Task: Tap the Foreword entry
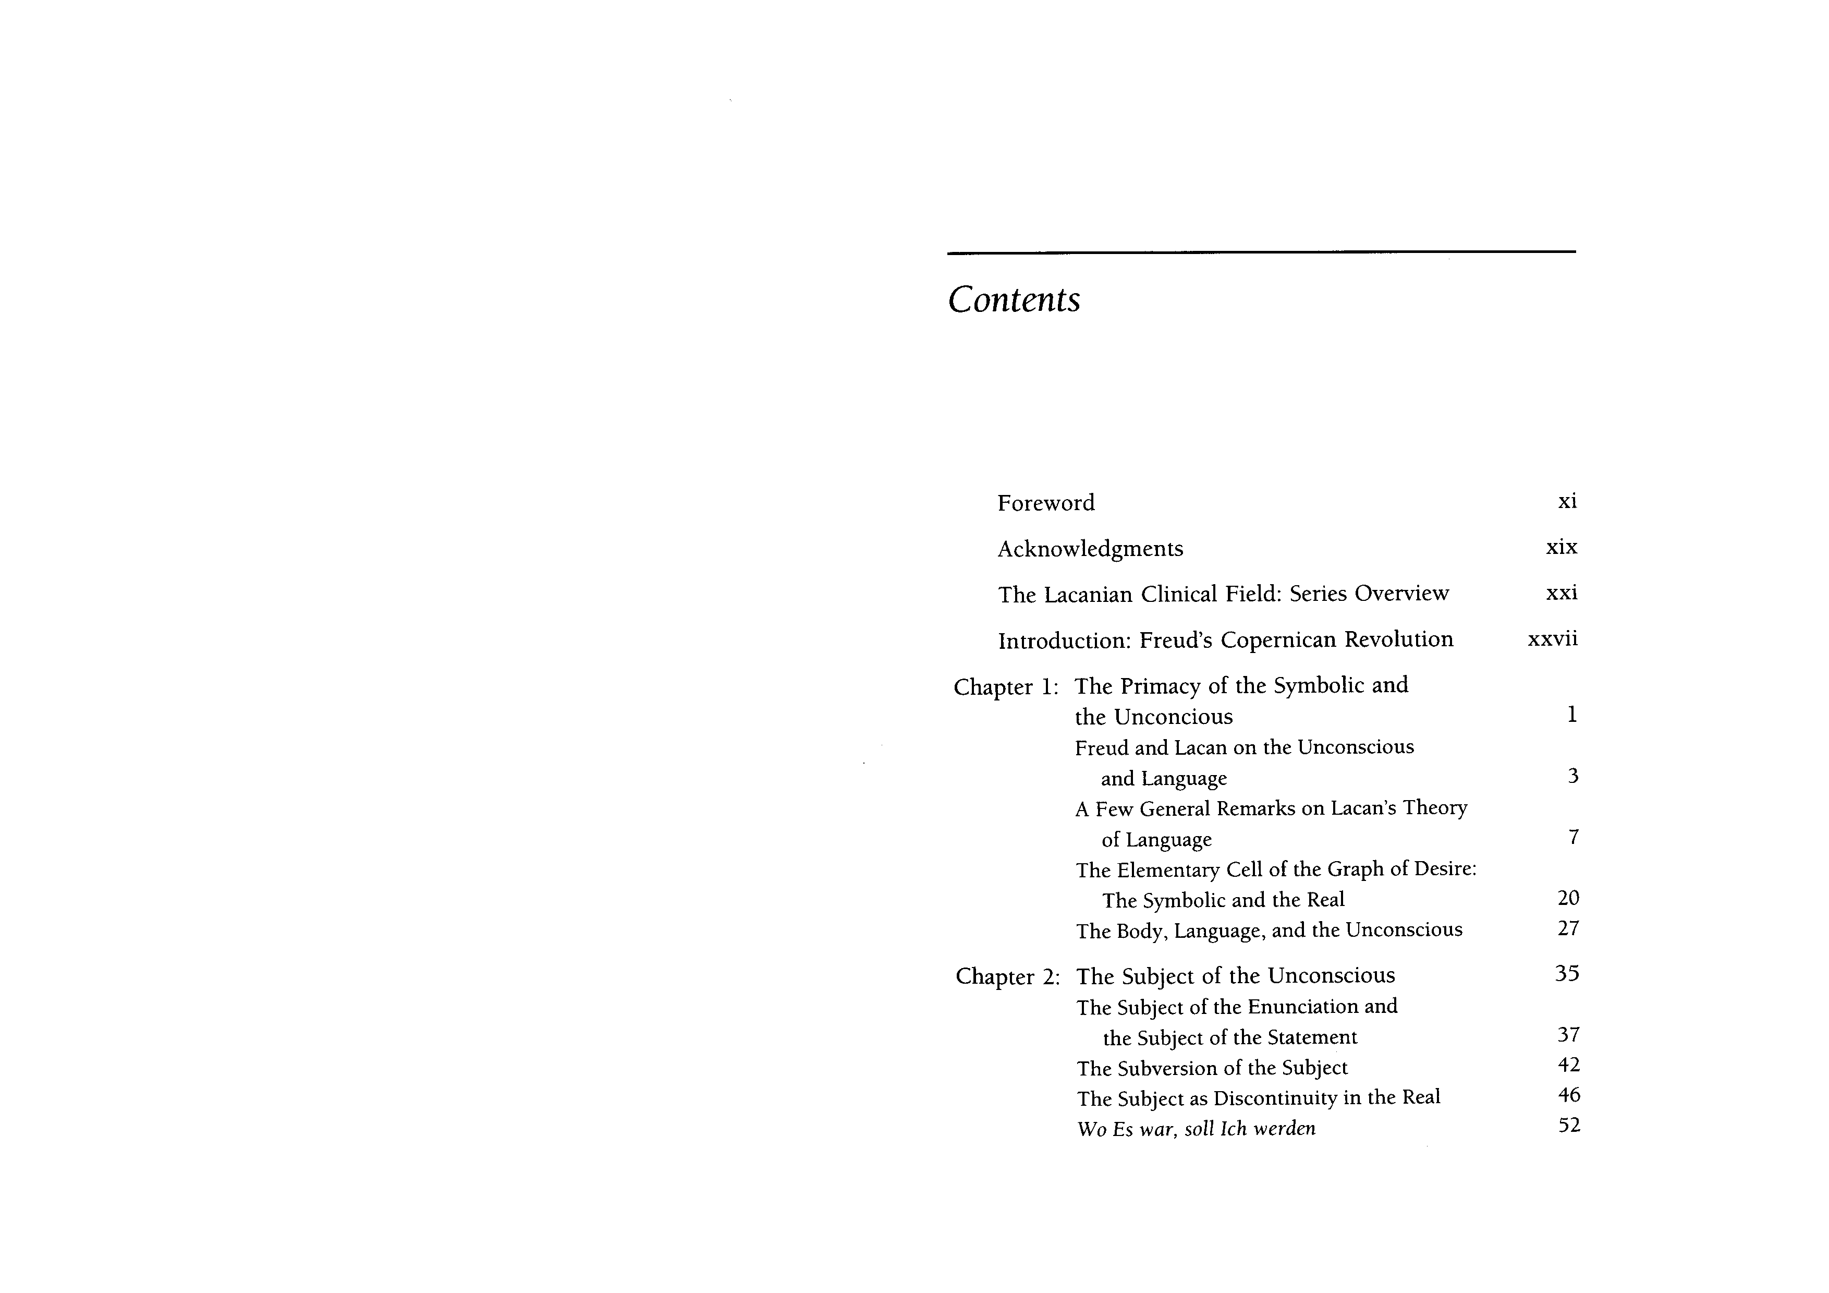coord(1045,503)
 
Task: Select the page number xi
coord(1566,501)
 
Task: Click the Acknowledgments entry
coord(1090,549)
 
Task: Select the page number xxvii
coord(1552,639)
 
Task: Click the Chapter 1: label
coord(1005,687)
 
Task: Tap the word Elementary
coord(1164,870)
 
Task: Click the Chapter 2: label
coord(1007,977)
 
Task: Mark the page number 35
coord(1566,974)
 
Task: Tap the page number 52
coord(1568,1126)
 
